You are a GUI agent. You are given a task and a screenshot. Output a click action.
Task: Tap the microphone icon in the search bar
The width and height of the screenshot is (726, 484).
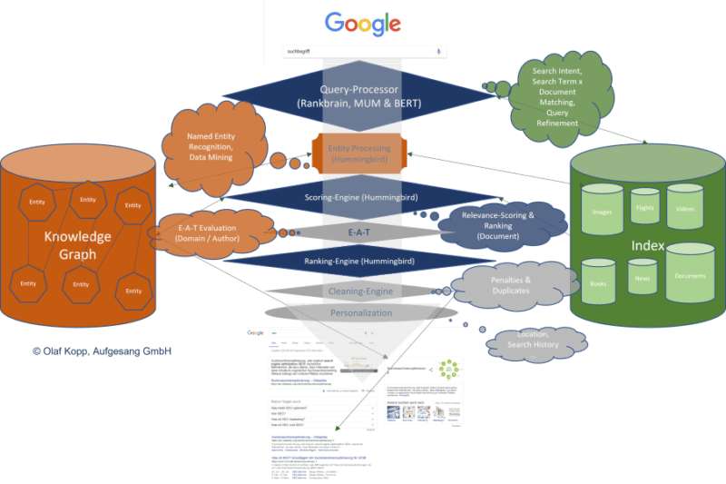click(439, 52)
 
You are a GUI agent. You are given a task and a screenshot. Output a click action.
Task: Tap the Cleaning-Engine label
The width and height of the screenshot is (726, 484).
click(359, 291)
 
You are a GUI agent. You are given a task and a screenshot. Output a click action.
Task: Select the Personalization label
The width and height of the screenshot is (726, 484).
click(360, 312)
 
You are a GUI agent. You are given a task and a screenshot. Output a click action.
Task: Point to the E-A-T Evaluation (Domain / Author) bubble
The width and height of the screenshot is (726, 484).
click(203, 231)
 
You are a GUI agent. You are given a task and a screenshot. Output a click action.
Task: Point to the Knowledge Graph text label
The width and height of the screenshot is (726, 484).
click(78, 245)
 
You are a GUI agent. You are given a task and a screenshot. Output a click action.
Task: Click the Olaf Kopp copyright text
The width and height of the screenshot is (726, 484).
click(102, 351)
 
